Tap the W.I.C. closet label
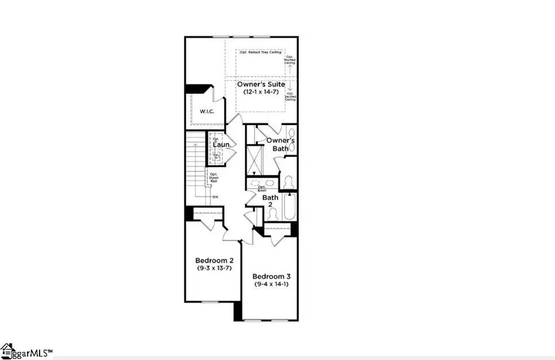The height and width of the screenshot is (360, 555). pos(206,112)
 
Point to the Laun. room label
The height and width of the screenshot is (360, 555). pos(221,145)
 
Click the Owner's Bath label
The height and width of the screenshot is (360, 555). pos(281,144)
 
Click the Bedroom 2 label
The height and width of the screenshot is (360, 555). pos(213,260)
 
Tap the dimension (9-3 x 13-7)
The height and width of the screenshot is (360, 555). pos(213,268)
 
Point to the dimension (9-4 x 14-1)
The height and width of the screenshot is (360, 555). pos(272,284)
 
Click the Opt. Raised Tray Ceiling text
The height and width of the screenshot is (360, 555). pos(261,52)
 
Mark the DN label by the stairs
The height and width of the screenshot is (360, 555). pos(215,197)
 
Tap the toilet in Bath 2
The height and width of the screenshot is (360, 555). pos(272,213)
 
